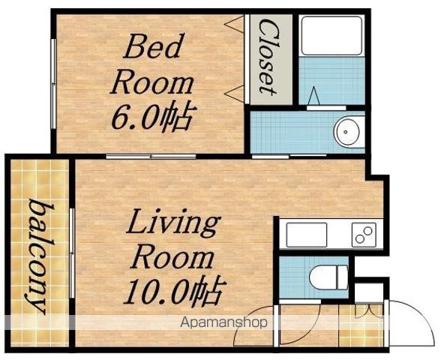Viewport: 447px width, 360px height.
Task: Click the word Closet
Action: tap(268, 57)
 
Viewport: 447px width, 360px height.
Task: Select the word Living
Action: tap(173, 223)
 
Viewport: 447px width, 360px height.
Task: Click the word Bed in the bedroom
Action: tap(152, 46)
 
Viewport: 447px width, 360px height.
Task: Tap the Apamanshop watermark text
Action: tap(224, 322)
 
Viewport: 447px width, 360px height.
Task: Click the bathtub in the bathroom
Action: tap(331, 36)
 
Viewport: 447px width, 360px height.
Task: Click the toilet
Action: tap(328, 277)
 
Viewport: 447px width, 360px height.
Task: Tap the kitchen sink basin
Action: tap(307, 235)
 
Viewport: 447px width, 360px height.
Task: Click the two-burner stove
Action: tap(364, 235)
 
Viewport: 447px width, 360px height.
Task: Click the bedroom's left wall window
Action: tap(53, 83)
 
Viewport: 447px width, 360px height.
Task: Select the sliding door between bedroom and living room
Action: tap(151, 157)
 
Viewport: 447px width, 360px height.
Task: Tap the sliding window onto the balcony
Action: tap(72, 253)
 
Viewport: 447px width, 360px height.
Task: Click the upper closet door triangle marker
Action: tap(235, 24)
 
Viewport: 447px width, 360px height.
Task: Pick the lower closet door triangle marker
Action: tap(235, 94)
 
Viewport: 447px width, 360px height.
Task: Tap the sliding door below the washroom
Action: tap(289, 156)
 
